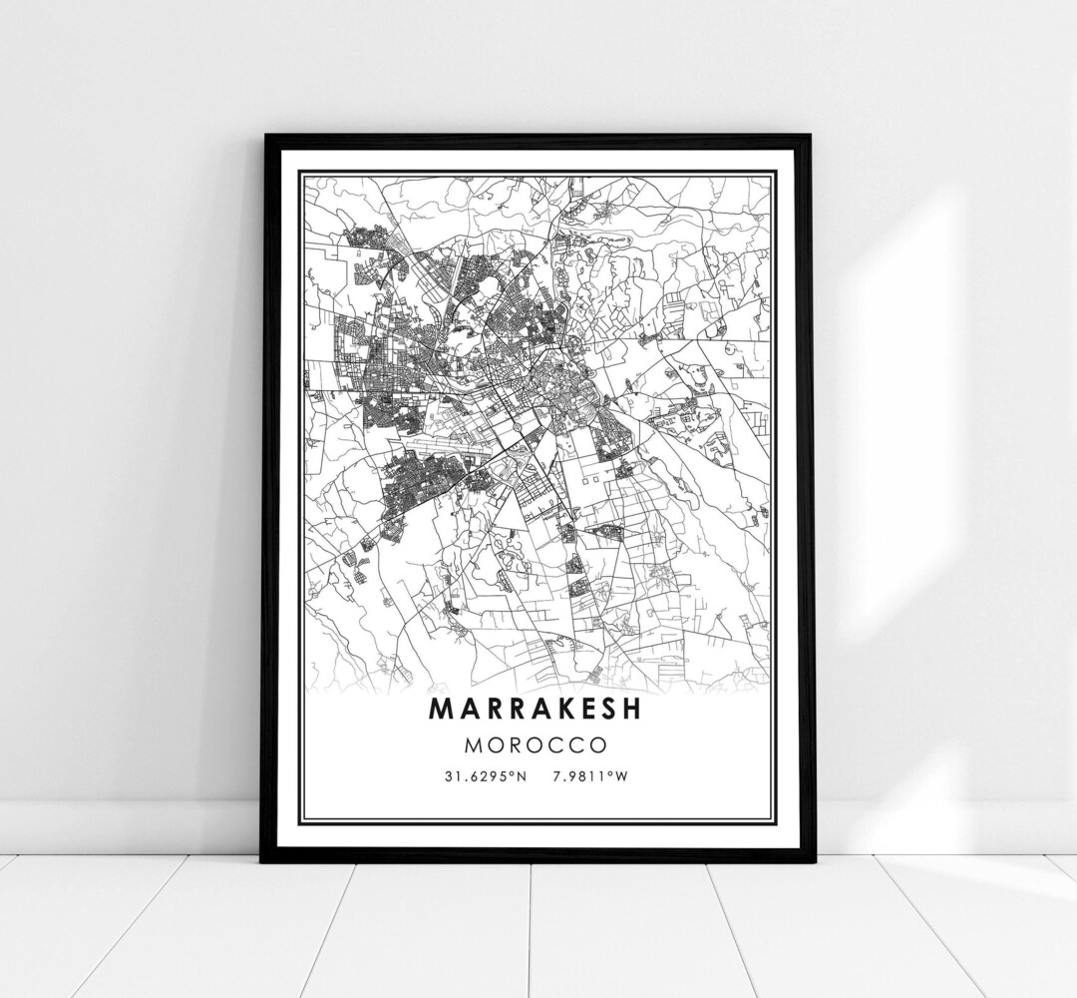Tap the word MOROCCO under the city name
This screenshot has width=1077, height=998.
pyautogui.click(x=537, y=745)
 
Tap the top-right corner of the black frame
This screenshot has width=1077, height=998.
pyautogui.click(x=810, y=138)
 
